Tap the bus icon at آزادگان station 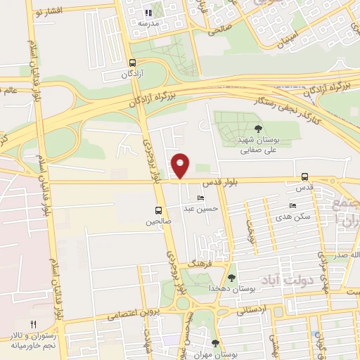coord(133,63)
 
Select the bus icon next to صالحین coord(158,210)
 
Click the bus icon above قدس coord(304,176)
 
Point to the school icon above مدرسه coord(148,13)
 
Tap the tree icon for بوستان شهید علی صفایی coord(259,128)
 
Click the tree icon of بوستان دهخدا coord(232,278)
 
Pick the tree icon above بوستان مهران coord(215,343)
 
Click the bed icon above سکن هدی coord(293,205)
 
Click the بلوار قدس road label coord(221,181)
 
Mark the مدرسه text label coord(147,23)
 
